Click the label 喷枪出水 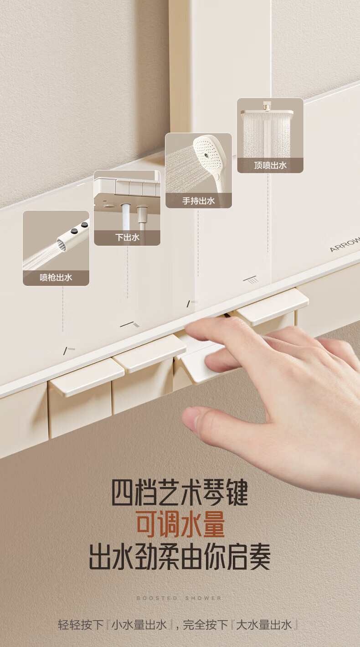56,278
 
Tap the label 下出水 127,238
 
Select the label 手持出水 199,201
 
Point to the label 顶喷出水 270,165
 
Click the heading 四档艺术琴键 180,492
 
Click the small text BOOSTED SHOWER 179,598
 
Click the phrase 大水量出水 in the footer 264,625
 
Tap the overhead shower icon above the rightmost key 251,280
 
